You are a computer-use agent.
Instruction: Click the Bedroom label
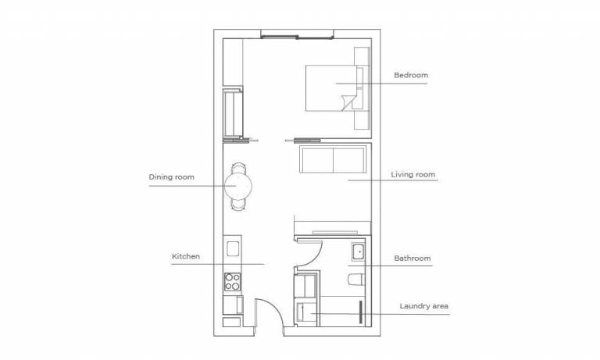[x=411, y=75]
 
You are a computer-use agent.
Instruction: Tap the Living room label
[x=412, y=174]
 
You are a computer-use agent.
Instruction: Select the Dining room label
[x=171, y=177]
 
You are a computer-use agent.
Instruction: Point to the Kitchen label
[x=186, y=256]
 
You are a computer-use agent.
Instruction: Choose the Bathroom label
[x=412, y=258]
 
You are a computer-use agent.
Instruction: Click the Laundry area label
[x=424, y=306]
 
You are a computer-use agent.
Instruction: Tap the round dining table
[x=238, y=186]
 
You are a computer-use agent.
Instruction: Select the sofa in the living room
[x=334, y=159]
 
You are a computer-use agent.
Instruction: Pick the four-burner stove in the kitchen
[x=233, y=282]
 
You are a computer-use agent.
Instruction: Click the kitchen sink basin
[x=233, y=249]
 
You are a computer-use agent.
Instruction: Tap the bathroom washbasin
[x=359, y=252]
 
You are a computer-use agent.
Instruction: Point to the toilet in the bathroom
[x=356, y=280]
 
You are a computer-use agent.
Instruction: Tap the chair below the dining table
[x=238, y=205]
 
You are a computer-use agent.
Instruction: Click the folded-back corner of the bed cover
[x=348, y=102]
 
